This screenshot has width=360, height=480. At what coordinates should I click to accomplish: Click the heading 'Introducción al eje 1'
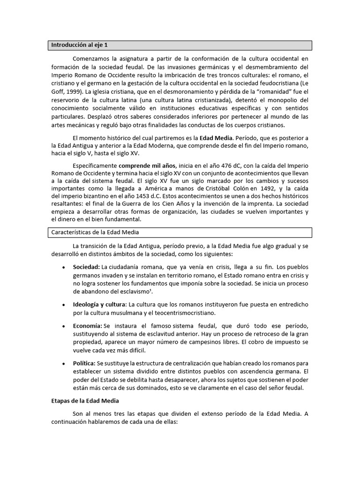click(x=80, y=45)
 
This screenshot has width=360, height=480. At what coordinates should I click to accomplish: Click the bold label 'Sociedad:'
click(x=87, y=267)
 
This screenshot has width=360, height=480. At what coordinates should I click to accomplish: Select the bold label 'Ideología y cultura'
click(x=99, y=304)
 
